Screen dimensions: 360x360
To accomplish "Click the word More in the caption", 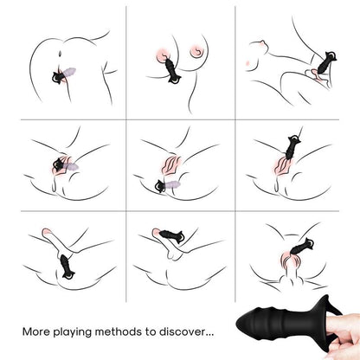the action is pos(35,331).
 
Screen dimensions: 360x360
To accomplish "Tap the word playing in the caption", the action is pos(72,332).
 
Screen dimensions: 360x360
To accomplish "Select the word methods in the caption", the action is pos(119,331).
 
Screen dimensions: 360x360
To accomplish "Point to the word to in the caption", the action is pos(151,331).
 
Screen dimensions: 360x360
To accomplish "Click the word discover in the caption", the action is pos(181,331).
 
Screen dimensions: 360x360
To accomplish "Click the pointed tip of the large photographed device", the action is pos(237,322).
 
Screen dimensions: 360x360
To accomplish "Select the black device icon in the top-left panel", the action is pos(58,78).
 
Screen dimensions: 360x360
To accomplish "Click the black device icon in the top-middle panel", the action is pos(171,72).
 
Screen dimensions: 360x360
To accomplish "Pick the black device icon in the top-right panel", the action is pos(327,61).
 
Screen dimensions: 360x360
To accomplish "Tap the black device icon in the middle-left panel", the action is pos(60,165).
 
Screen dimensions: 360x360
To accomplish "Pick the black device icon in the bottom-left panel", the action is pos(67,267).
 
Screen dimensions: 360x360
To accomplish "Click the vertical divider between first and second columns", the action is pos(126,154).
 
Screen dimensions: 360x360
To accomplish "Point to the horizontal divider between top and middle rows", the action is pos(180,119).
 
